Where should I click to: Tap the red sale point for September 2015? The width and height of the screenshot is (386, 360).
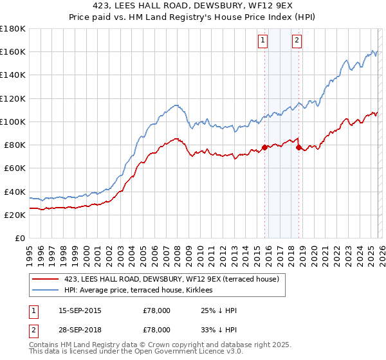[x=264, y=147]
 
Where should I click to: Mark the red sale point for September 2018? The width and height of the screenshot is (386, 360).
[x=299, y=147]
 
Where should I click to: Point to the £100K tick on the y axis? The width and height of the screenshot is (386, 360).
[x=13, y=122]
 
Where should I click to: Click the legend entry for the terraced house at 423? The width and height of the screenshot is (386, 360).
[x=171, y=279]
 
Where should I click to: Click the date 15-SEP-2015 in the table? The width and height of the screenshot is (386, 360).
[x=80, y=310]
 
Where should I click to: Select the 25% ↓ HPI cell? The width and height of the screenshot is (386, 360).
[x=219, y=310]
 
